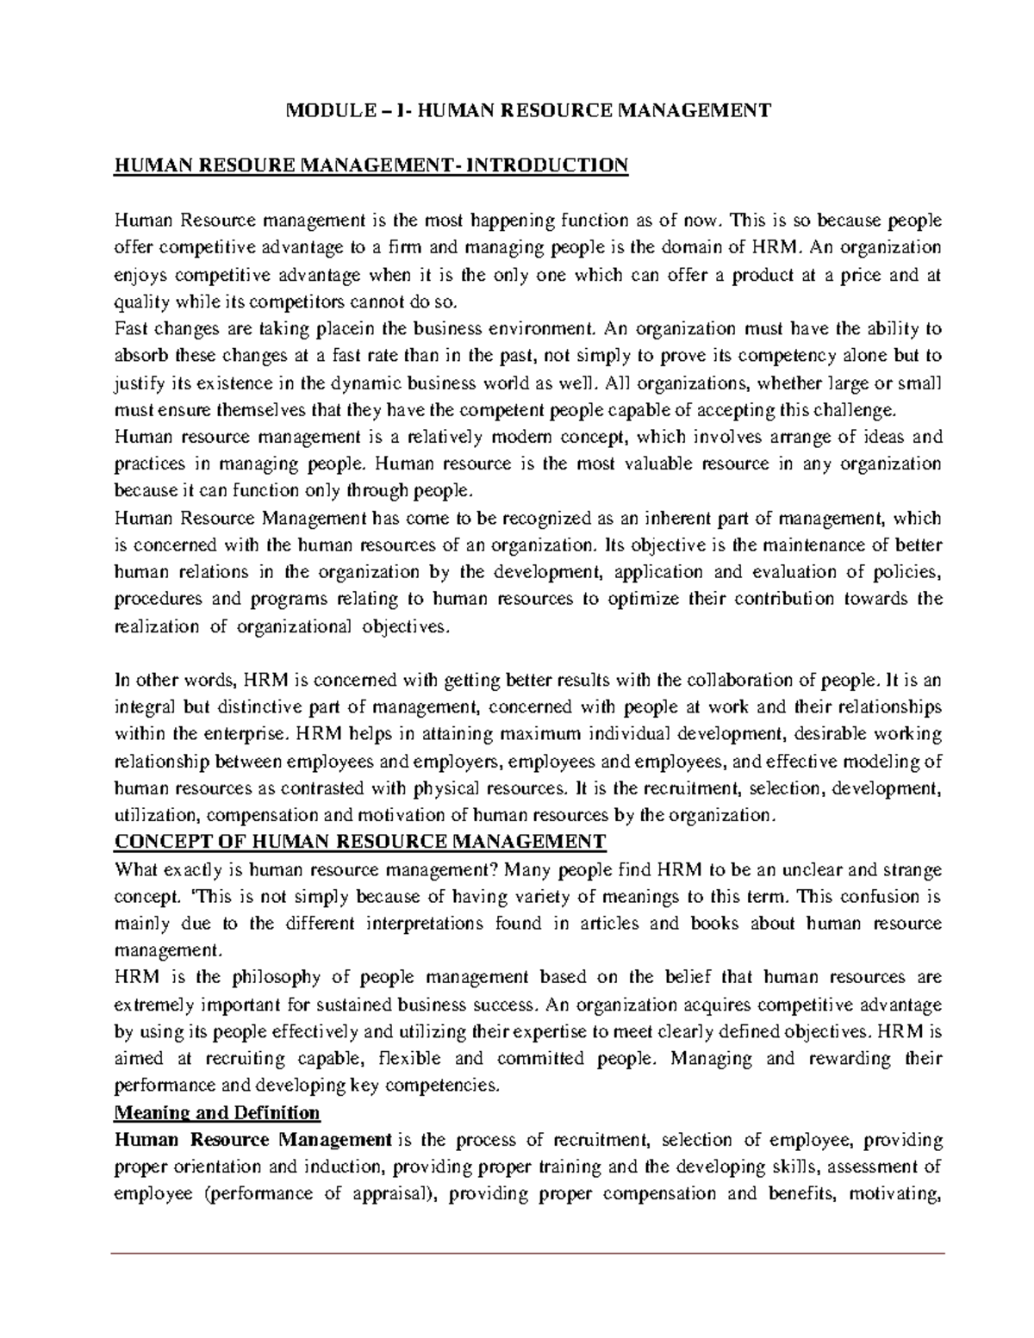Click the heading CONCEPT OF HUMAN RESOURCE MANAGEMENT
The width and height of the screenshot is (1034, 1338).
[360, 842]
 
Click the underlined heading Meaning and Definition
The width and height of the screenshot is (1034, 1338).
[217, 1112]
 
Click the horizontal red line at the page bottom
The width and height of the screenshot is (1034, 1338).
[528, 1253]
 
